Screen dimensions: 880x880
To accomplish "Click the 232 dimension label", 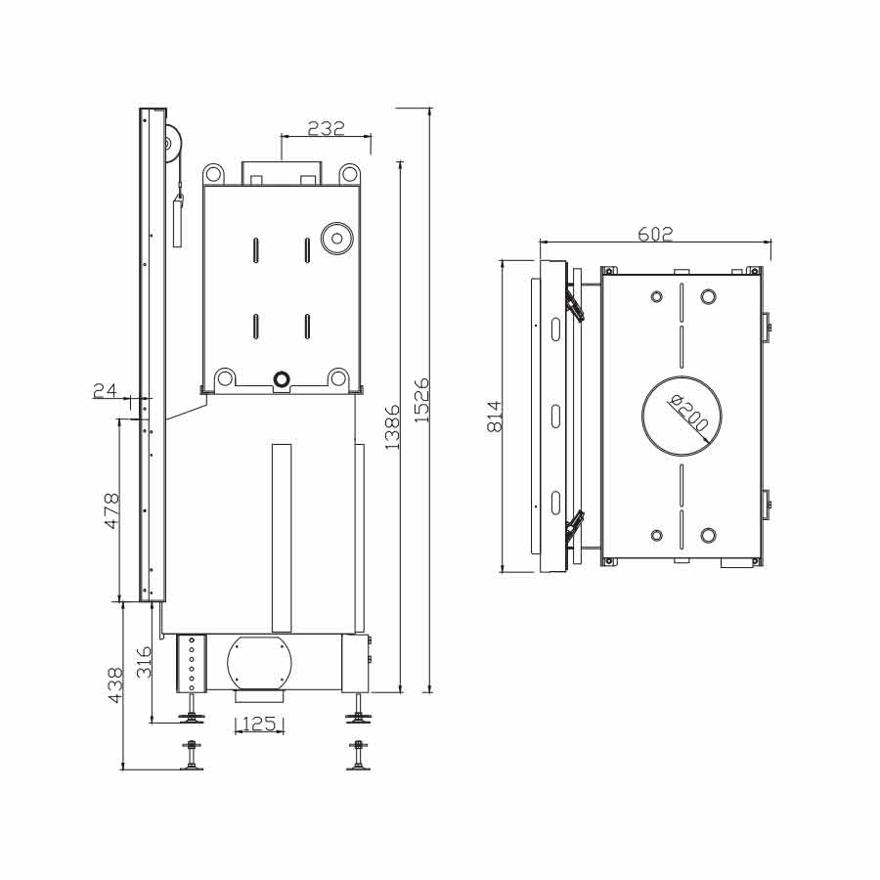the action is [x=326, y=128].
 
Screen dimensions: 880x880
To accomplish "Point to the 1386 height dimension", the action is [x=392, y=426].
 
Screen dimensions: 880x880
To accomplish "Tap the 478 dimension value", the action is [x=111, y=510].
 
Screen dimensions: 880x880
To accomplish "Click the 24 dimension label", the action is [x=105, y=390].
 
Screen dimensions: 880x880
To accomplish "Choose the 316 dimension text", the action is [x=145, y=662].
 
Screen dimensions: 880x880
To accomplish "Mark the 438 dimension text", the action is [x=115, y=684].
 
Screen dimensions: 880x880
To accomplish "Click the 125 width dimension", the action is [x=260, y=724].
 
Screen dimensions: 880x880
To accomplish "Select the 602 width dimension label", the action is [x=655, y=234].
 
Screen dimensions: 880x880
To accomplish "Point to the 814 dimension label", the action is [x=495, y=416].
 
